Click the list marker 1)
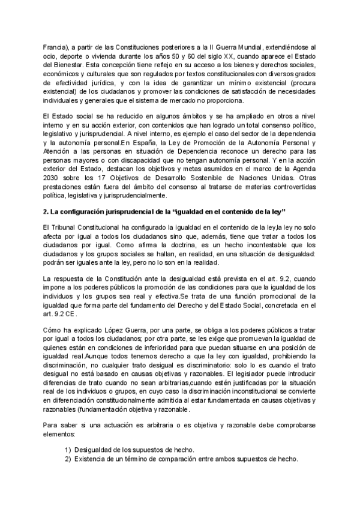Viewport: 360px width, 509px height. click(68, 451)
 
